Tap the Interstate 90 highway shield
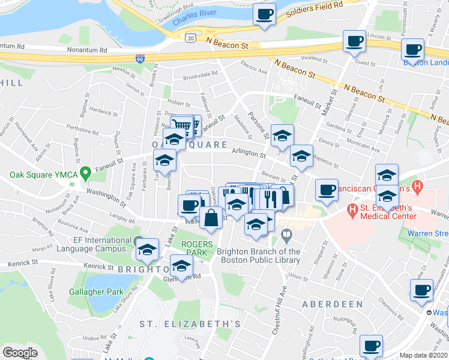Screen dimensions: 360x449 pos(139,59)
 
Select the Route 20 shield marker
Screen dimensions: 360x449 pos(190,37)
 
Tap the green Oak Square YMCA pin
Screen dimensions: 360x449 pos(86,174)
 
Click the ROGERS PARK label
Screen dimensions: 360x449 pos(197,248)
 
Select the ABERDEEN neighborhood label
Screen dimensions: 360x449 pos(333,304)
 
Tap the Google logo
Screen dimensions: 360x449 pos(20,353)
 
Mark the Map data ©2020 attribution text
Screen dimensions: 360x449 pos(424,355)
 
